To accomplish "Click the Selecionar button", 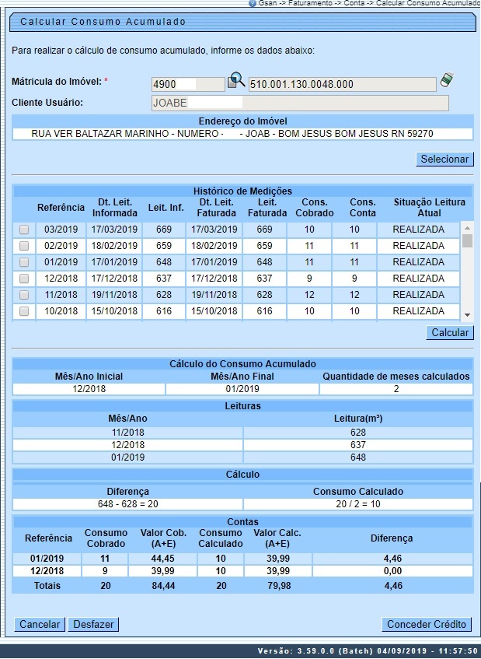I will (445, 159).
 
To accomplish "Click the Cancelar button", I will (40, 624).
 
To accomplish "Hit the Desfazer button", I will (93, 624).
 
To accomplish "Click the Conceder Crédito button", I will (427, 624).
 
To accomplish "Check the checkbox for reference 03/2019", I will (24, 230).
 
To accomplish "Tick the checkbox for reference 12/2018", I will (24, 279).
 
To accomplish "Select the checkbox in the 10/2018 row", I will (24, 311).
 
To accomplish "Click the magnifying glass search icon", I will (235, 81).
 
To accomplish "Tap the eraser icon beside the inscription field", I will (446, 80).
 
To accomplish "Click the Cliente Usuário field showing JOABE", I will (300, 103).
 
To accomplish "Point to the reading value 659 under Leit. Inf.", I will (163, 246).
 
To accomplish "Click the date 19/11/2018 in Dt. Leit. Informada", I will (114, 295).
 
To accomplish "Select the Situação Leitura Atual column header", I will (429, 208).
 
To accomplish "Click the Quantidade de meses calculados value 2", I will (396, 388).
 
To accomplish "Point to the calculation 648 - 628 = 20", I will (127, 503).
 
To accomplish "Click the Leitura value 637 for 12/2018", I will (357, 444).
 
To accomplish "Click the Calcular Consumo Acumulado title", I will (103, 22).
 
